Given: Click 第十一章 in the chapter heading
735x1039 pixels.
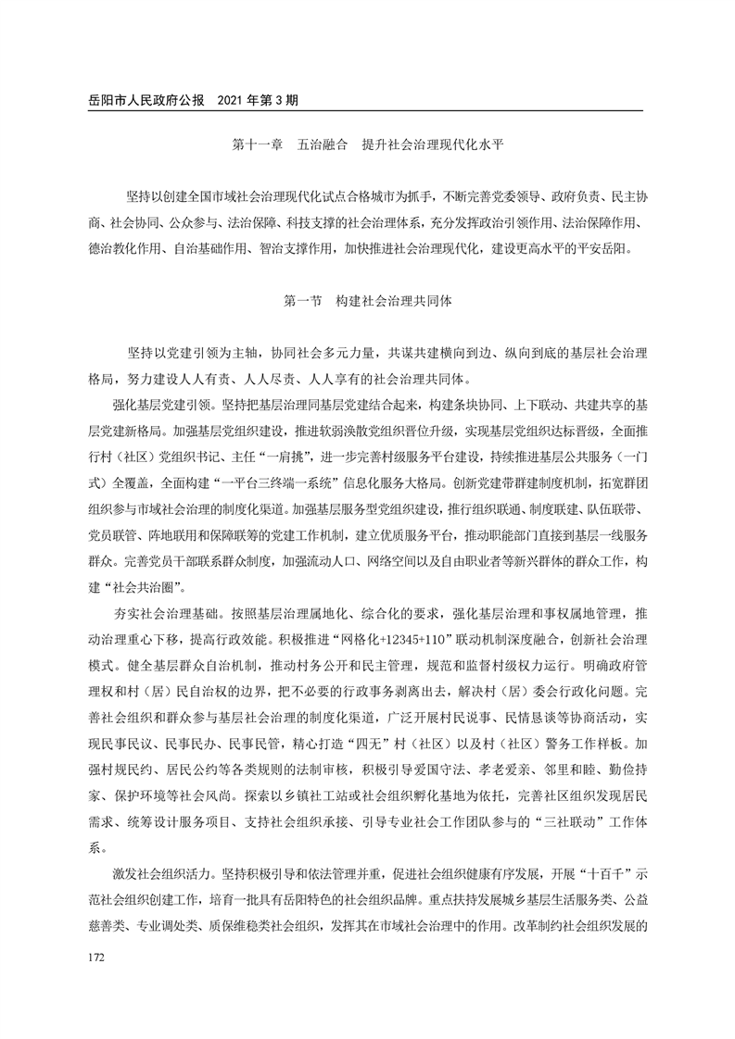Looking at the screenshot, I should coord(256,145).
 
